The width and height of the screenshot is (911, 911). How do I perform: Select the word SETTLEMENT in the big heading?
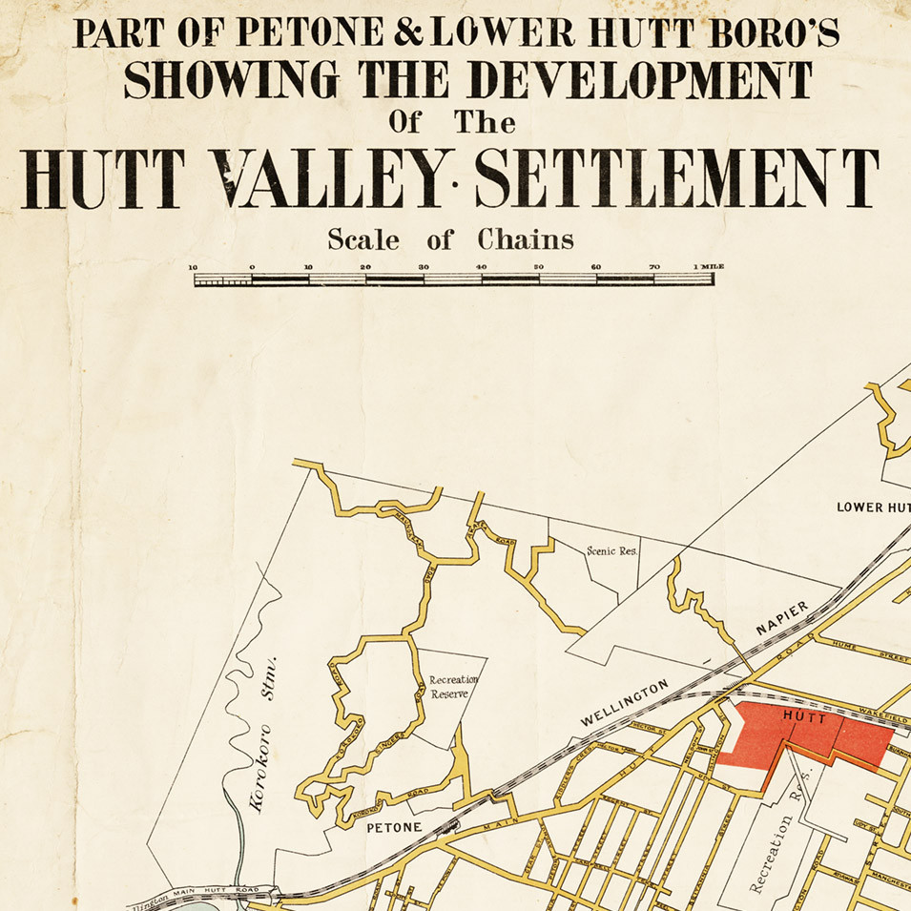click(x=675, y=178)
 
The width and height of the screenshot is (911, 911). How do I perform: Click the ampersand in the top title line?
click(x=409, y=35)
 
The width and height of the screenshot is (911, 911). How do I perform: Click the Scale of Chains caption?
click(x=450, y=239)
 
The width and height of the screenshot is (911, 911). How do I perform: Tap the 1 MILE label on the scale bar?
click(x=709, y=266)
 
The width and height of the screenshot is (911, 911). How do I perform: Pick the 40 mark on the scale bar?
click(x=481, y=267)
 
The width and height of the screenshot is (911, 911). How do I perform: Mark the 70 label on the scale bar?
click(x=653, y=267)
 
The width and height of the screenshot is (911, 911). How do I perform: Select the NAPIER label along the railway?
click(x=782, y=618)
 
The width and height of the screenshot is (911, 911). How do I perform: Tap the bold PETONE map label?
click(x=395, y=827)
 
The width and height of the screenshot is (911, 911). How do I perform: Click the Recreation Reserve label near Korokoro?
click(x=447, y=687)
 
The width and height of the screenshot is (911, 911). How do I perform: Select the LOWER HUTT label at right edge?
click(x=873, y=507)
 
